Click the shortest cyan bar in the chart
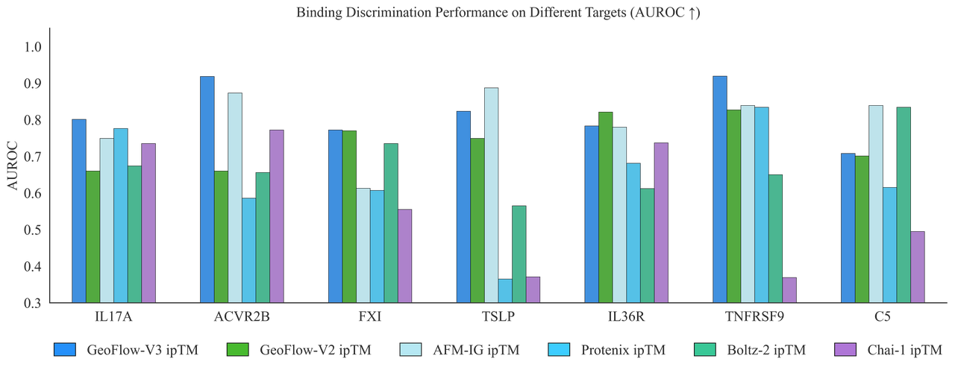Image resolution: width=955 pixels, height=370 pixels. (506, 291)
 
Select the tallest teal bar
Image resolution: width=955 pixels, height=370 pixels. (904, 204)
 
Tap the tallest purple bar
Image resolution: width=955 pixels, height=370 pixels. (276, 216)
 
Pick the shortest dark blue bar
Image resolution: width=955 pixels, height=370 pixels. (848, 228)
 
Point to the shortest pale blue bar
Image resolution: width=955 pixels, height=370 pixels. (363, 245)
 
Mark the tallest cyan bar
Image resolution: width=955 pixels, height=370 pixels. (762, 204)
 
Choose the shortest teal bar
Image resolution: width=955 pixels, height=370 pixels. (519, 254)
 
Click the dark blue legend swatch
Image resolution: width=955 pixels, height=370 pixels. (65, 348)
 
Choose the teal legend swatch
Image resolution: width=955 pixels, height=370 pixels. (704, 348)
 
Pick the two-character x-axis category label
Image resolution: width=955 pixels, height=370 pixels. (882, 316)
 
